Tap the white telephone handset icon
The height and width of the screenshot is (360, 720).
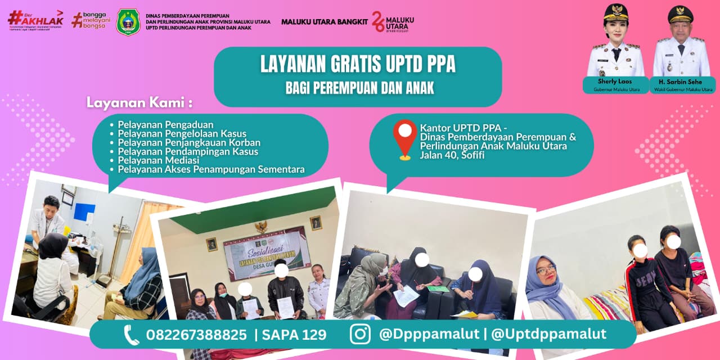click(131, 335)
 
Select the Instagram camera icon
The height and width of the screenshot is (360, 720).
click(360, 334)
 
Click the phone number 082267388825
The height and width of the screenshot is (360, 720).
click(196, 335)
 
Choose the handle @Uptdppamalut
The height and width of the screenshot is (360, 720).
click(548, 334)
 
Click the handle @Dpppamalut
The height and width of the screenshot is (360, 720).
click(428, 334)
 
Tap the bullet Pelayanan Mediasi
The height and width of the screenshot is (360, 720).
click(151, 160)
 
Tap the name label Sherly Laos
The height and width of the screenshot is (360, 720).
click(615, 82)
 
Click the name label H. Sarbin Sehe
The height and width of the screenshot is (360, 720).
click(683, 82)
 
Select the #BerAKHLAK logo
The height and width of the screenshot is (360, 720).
click(35, 20)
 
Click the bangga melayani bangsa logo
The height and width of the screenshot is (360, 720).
click(92, 20)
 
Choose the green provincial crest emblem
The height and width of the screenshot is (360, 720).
click(128, 22)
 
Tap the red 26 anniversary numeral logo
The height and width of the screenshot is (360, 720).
click(378, 21)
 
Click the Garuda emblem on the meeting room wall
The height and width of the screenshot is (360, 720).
click(261, 227)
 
